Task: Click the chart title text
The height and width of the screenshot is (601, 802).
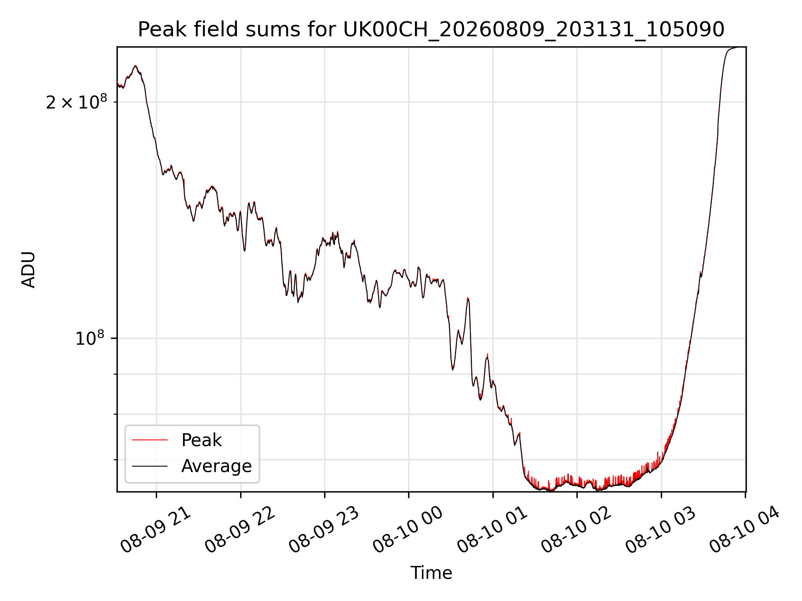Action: [431, 30]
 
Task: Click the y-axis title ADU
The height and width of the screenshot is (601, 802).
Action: [28, 270]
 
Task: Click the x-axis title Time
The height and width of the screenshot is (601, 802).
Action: [431, 573]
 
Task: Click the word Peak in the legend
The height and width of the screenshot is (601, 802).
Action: [201, 440]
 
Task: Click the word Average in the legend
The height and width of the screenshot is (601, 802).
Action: [216, 466]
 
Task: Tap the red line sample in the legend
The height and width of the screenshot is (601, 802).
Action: [150, 440]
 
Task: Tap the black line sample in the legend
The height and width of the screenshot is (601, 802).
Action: [150, 466]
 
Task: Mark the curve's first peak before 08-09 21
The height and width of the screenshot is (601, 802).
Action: [135, 66]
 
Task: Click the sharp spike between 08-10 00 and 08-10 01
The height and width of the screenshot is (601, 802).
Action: [468, 298]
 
